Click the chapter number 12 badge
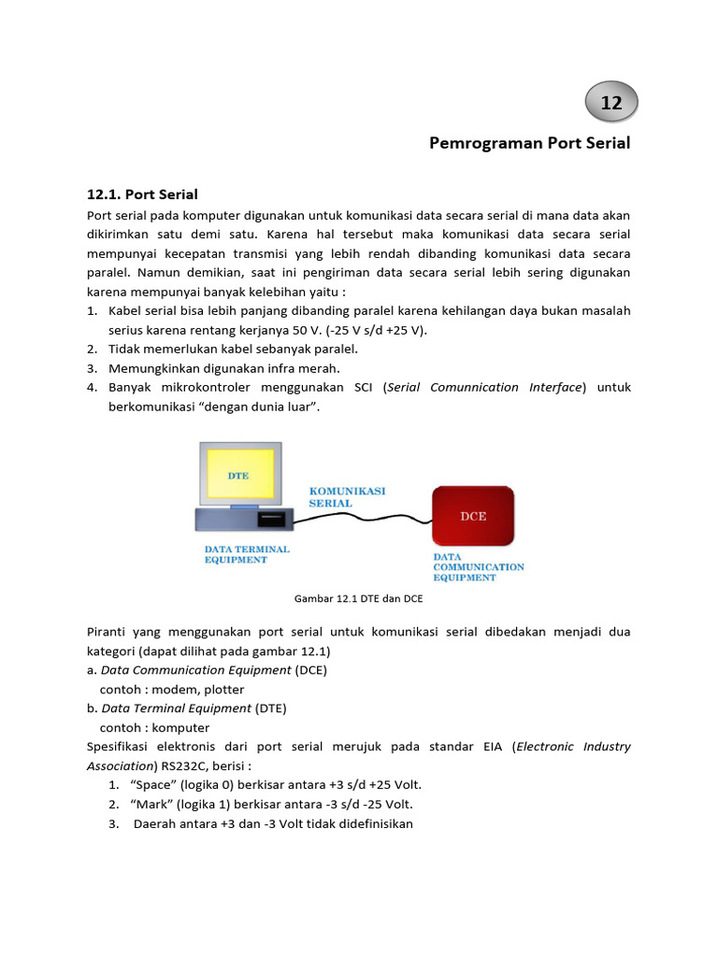[611, 104]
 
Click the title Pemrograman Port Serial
[529, 143]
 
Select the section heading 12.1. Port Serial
[142, 194]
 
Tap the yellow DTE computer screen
[239, 475]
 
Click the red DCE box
[473, 515]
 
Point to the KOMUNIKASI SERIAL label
[346, 496]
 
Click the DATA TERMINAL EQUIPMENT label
[247, 554]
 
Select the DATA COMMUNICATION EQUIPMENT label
[478, 566]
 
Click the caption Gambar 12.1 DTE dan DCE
[359, 598]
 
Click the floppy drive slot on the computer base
[270, 517]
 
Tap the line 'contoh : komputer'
[154, 728]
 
